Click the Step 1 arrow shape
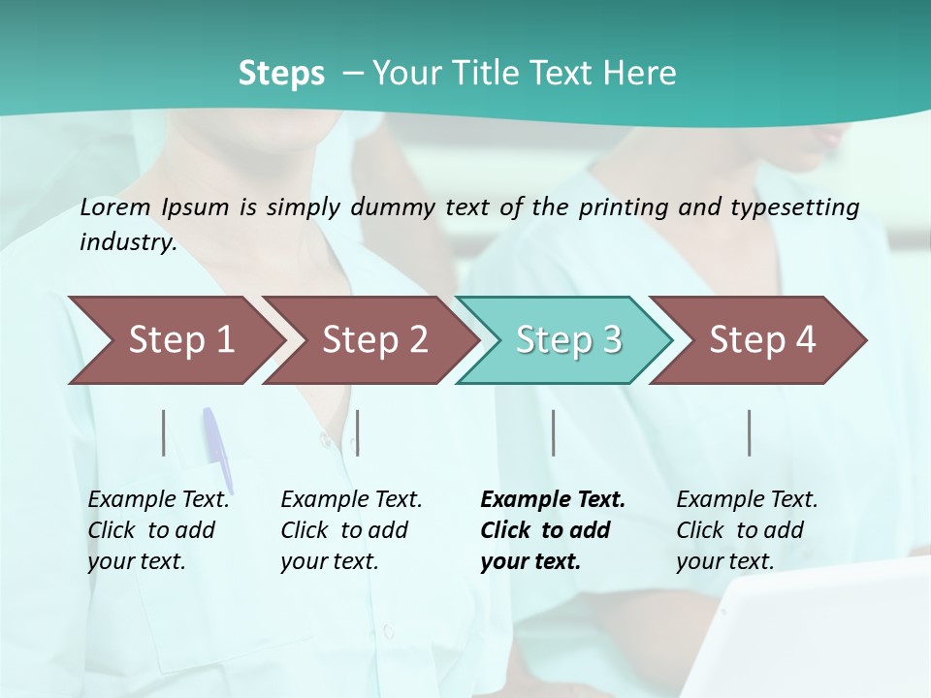tap(179, 339)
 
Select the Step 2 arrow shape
tap(373, 339)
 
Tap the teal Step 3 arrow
tap(567, 339)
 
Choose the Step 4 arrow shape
tap(761, 339)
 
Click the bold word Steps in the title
tap(281, 73)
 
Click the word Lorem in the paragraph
tap(115, 206)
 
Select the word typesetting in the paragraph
tap(801, 206)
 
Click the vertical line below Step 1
tap(164, 432)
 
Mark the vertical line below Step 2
tap(358, 432)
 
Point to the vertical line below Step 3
tap(554, 432)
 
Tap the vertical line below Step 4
tap(750, 432)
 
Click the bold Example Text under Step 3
tap(553, 499)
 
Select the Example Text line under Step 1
tap(158, 499)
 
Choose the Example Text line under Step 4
tap(747, 499)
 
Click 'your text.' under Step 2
tap(329, 561)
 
